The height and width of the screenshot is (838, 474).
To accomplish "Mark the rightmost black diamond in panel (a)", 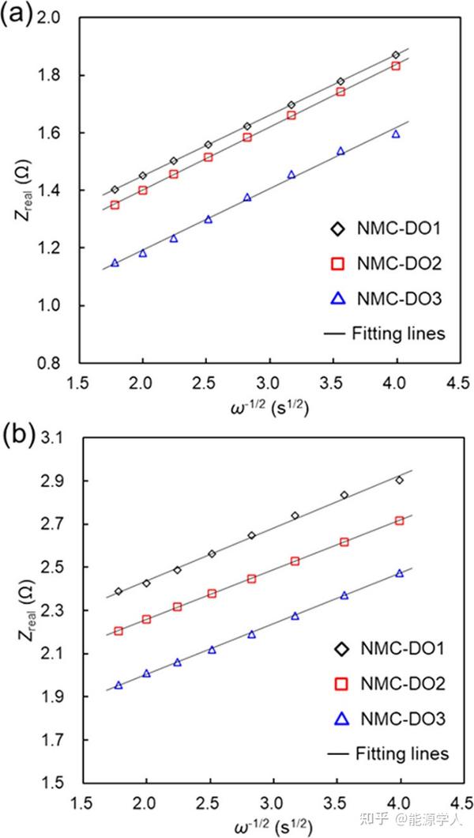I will [396, 55].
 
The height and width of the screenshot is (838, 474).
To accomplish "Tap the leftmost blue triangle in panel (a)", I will [115, 262].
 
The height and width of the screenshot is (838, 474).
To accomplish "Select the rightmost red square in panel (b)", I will [399, 520].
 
